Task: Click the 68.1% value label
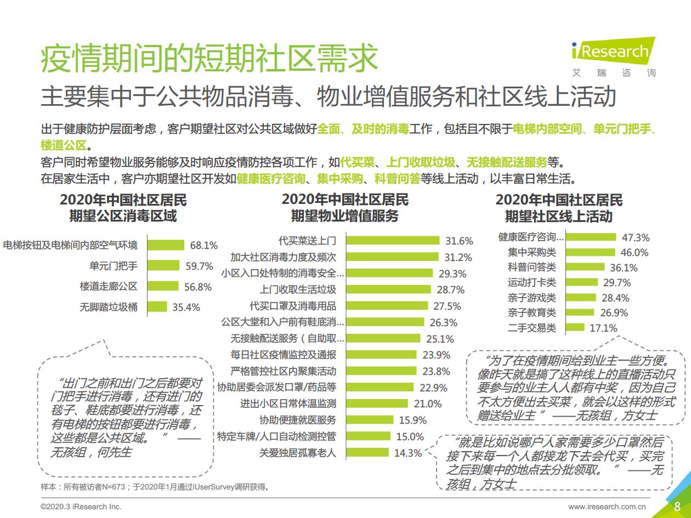coord(204,245)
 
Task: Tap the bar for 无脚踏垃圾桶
coord(157,307)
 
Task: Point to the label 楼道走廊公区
coord(109,286)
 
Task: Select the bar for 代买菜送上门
coord(393,240)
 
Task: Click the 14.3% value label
coord(408,453)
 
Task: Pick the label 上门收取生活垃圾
coord(298,289)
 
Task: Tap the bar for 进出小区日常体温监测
coord(377,403)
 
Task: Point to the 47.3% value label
coord(636,237)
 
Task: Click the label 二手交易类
coord(531,328)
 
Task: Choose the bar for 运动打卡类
coord(582,282)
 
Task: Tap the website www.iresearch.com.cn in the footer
coord(607,506)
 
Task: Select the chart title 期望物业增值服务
coord(344,216)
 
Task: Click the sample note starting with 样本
coord(156,487)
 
